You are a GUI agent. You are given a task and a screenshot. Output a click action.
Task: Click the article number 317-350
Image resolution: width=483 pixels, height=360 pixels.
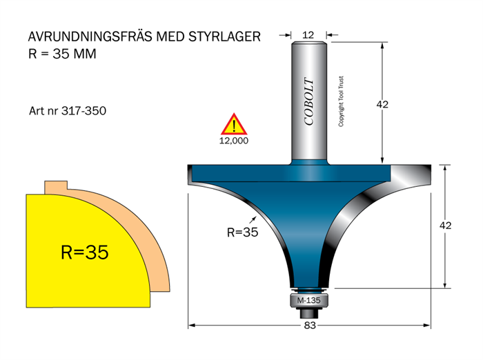83,110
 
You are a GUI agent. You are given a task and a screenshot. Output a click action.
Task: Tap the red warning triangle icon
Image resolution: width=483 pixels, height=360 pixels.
234,125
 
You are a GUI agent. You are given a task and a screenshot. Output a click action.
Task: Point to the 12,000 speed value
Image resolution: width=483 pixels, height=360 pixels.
234,140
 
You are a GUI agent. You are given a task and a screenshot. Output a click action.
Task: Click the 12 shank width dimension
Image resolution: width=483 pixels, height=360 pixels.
308,34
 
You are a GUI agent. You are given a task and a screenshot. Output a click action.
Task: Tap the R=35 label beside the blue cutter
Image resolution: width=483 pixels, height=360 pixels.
241,232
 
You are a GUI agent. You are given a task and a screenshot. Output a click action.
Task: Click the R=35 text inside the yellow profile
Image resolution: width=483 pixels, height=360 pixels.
84,252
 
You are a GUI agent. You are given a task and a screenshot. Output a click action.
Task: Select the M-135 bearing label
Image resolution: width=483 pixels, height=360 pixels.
308,301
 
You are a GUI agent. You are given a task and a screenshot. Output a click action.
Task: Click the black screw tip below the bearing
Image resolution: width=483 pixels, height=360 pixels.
308,314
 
